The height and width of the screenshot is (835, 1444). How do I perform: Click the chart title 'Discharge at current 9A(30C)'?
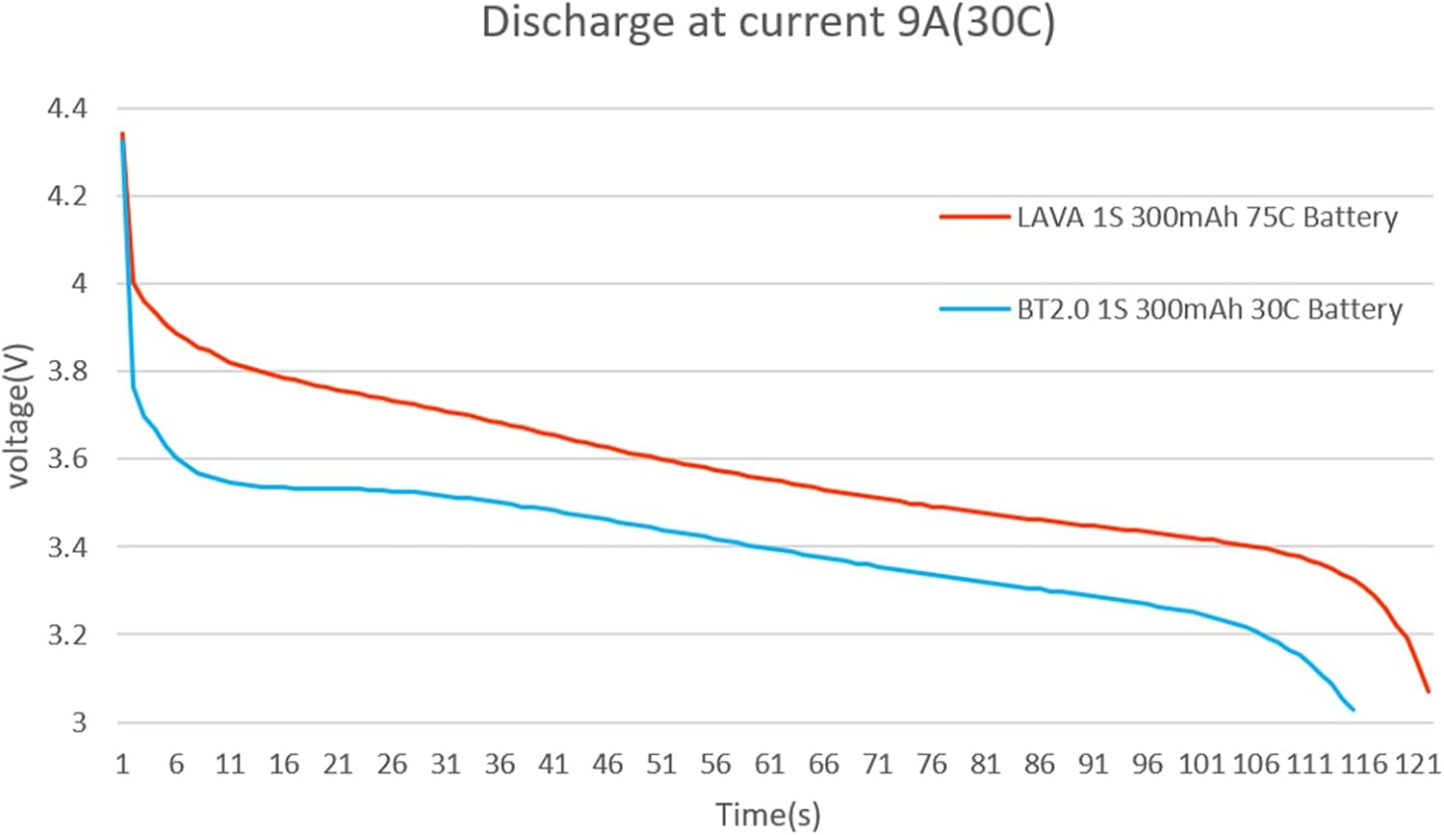(767, 23)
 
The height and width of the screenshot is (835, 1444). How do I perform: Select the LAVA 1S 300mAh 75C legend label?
(1207, 218)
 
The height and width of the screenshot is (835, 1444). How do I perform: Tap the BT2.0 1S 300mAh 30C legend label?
(1209, 309)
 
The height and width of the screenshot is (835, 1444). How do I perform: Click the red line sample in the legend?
(974, 218)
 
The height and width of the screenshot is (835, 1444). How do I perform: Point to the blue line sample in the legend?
(974, 309)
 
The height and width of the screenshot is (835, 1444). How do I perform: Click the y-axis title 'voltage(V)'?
(18, 415)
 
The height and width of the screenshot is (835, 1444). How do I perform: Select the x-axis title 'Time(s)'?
(767, 815)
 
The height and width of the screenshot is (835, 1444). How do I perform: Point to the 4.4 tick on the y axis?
(67, 109)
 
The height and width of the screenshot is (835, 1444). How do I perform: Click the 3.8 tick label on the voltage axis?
(67, 372)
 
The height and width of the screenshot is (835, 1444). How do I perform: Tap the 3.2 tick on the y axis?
(67, 635)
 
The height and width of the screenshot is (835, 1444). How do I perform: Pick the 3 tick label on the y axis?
(79, 722)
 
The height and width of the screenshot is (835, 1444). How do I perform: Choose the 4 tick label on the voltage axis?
(79, 284)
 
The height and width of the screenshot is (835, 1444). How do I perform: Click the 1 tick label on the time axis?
(122, 765)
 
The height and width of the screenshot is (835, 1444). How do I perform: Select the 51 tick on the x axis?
(661, 765)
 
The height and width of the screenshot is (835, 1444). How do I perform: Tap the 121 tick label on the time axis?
(1417, 765)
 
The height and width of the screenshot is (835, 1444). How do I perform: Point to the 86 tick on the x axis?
(1039, 765)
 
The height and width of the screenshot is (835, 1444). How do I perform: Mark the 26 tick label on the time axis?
(392, 765)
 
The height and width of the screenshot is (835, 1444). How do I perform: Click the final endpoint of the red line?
(1428, 691)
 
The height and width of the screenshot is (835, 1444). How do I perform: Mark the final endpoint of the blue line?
(1354, 710)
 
